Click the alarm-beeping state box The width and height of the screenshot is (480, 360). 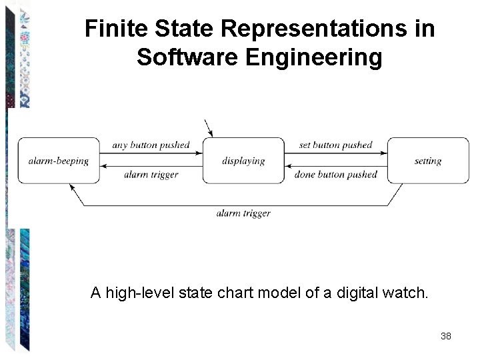[59, 161]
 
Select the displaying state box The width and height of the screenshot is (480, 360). [243, 161]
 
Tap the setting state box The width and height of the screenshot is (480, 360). [428, 161]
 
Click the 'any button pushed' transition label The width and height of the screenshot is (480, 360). [151, 145]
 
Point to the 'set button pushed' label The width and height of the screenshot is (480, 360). [335, 145]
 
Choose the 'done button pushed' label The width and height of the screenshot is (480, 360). [335, 175]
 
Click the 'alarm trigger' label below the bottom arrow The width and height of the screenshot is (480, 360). [243, 213]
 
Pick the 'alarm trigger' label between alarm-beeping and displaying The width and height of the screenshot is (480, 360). [151, 175]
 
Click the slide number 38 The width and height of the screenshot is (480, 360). [446, 336]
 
